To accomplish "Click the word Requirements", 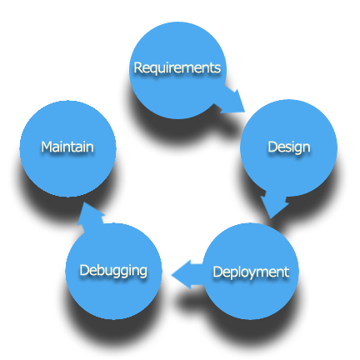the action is click(x=177, y=68).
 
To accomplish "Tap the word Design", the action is click(x=289, y=147).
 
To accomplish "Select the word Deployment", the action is click(x=251, y=272).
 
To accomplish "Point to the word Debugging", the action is click(x=113, y=271).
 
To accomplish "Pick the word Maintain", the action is click(x=67, y=147).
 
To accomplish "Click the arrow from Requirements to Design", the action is click(x=231, y=102).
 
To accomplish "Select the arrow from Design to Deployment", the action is click(x=274, y=204).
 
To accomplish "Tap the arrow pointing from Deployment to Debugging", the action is click(x=187, y=274).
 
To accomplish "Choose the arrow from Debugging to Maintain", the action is click(x=90, y=214).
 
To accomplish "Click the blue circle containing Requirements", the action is click(x=177, y=71).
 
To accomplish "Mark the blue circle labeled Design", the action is click(x=288, y=147).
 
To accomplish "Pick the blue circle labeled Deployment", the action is click(x=251, y=271).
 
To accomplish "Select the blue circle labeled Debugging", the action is click(x=113, y=271).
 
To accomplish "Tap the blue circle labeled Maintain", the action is click(x=67, y=149).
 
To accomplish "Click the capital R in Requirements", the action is click(x=138, y=67).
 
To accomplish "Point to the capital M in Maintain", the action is click(x=47, y=147).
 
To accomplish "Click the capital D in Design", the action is click(x=272, y=147).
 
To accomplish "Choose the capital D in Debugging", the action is click(x=85, y=270).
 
